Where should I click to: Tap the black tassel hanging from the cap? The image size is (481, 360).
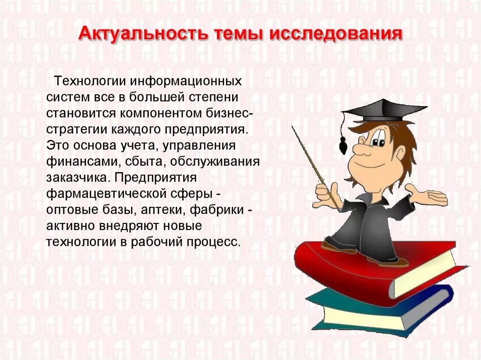tap(343, 145)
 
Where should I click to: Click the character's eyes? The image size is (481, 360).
tap(376, 138)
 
